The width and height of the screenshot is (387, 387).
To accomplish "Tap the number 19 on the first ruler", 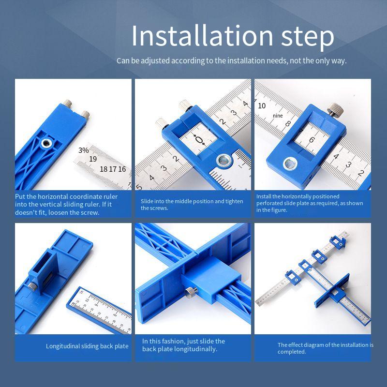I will tap(93, 159).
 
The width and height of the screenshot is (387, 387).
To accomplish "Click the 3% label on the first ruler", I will tap(84, 150).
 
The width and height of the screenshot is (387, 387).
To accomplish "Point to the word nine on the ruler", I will tap(277, 116).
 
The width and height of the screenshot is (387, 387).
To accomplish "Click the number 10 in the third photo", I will tap(262, 105).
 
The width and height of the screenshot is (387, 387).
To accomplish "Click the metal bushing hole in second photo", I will tap(224, 160).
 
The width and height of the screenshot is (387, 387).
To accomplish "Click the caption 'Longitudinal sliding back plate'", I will tap(87, 346).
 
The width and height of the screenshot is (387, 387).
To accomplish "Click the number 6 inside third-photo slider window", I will tap(312, 140).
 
